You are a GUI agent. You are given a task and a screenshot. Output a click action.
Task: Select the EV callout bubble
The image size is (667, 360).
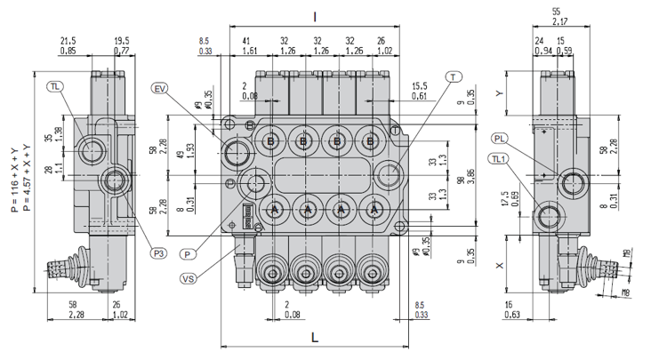(x=160, y=88)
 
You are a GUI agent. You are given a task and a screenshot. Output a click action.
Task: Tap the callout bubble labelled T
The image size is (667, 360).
(x=454, y=77)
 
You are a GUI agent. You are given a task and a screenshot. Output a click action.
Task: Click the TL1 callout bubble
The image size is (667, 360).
(x=499, y=159)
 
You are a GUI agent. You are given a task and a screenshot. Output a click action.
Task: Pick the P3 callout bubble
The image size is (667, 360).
(x=159, y=252)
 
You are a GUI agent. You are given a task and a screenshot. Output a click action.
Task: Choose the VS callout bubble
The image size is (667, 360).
(x=188, y=278)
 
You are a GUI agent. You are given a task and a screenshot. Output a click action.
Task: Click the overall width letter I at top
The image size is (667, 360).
(x=315, y=17)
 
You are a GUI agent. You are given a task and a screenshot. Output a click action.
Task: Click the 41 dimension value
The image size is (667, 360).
(x=245, y=40)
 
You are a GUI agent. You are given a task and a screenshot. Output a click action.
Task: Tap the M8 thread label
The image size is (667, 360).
(x=626, y=291)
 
